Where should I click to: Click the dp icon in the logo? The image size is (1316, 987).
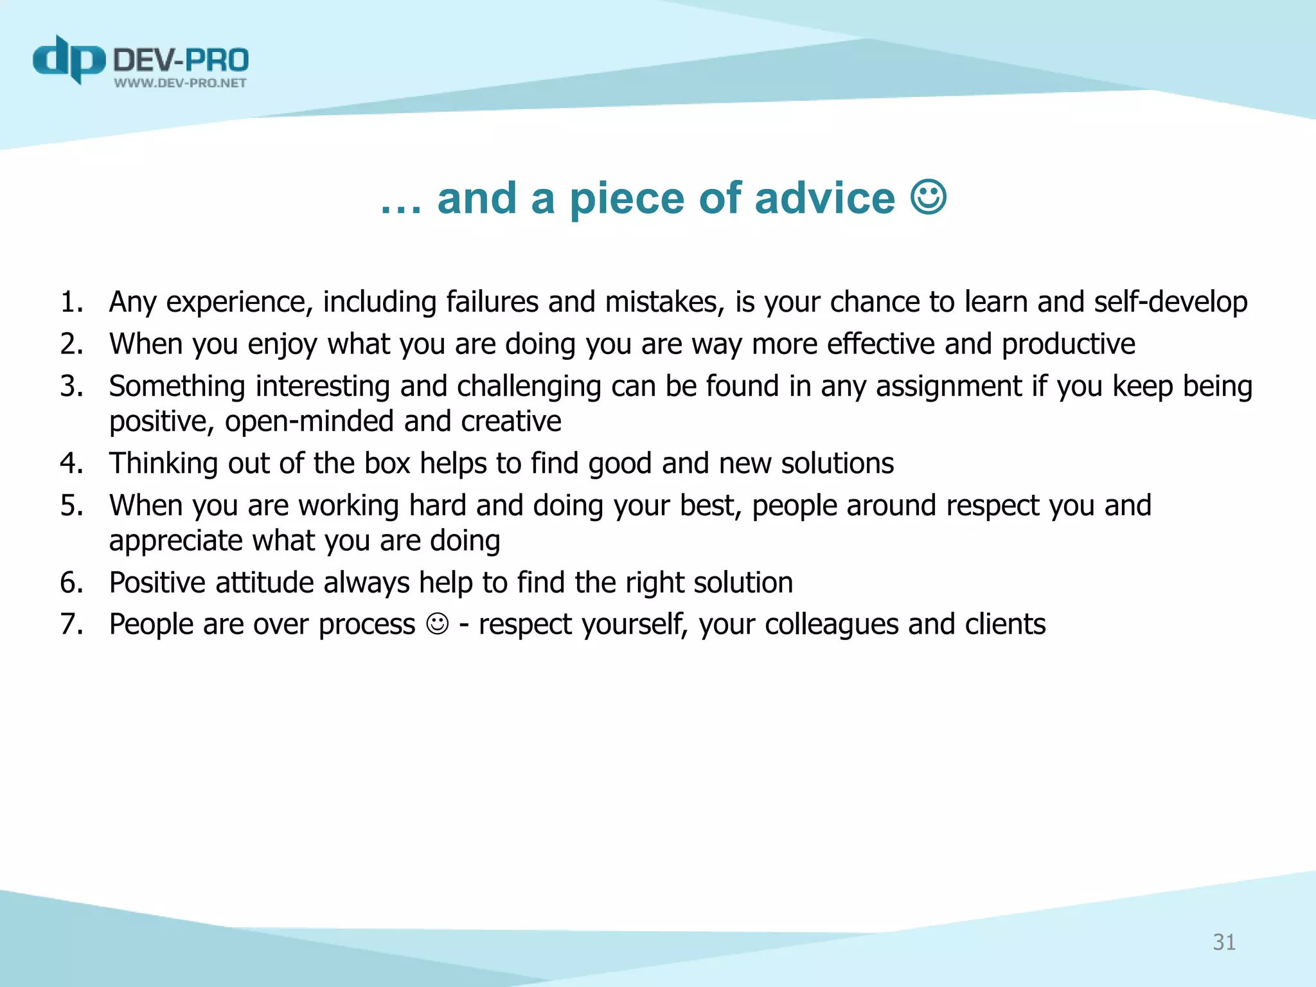point(68,59)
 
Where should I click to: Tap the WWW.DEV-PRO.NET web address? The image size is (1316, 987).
point(180,83)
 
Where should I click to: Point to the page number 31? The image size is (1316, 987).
point(1223,942)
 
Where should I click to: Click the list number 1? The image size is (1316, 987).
point(71,302)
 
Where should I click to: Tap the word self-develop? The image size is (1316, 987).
point(1170,302)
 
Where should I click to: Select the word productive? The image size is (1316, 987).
point(1068,344)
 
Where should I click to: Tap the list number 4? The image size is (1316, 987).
point(71,463)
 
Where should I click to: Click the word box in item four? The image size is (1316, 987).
point(387,463)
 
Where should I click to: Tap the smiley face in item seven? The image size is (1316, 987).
point(437,624)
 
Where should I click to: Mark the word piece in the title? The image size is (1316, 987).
point(627,199)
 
